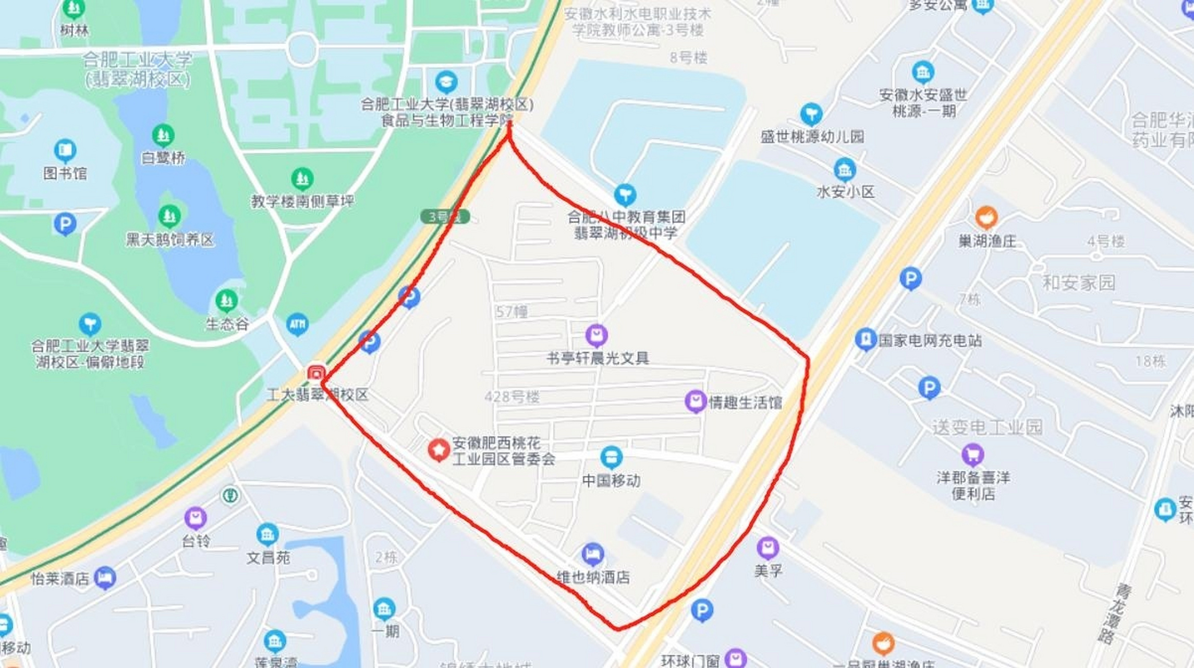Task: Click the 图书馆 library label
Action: coord(65,173)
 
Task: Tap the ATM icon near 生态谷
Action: coord(297,325)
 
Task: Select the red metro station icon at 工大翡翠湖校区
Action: coord(316,374)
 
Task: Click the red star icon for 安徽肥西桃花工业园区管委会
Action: coord(438,449)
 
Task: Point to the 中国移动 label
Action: coord(611,481)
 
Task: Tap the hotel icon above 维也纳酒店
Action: coord(592,554)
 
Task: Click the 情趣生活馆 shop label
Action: coord(745,402)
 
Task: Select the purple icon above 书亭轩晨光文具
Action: coord(596,335)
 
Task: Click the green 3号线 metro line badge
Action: coord(445,217)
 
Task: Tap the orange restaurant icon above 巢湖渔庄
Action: coord(986,217)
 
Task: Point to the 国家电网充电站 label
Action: coord(930,341)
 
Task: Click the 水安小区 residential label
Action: coord(845,192)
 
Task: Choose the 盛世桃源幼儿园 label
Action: coord(812,137)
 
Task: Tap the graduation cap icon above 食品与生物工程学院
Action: coord(446,82)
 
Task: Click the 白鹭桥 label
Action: coord(163,158)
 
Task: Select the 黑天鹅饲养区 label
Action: coord(170,240)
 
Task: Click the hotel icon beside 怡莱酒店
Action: coord(105,578)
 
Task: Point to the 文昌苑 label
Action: coord(268,558)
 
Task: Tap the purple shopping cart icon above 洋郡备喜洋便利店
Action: coord(972,455)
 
